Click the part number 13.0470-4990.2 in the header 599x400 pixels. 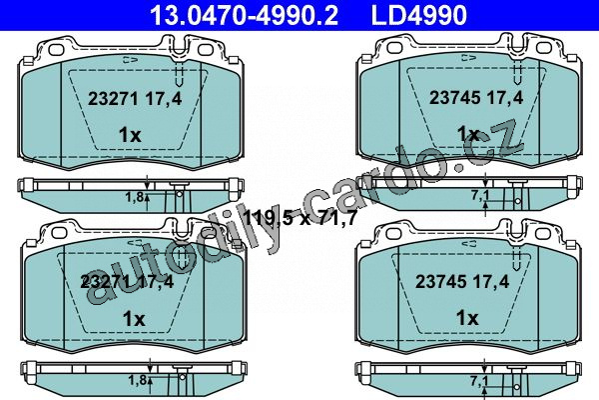tap(244, 15)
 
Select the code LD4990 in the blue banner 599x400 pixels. tap(419, 15)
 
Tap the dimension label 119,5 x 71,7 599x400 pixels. tap(299, 218)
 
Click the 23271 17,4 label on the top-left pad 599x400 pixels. tap(135, 99)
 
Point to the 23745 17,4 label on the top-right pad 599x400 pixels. tap(476, 98)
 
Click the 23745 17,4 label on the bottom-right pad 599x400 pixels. tap(462, 282)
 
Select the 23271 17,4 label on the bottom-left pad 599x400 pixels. tap(127, 282)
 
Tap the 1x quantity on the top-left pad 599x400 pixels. tap(130, 135)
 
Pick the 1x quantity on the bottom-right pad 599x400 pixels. tap(467, 318)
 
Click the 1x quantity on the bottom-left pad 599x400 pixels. tap(134, 319)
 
